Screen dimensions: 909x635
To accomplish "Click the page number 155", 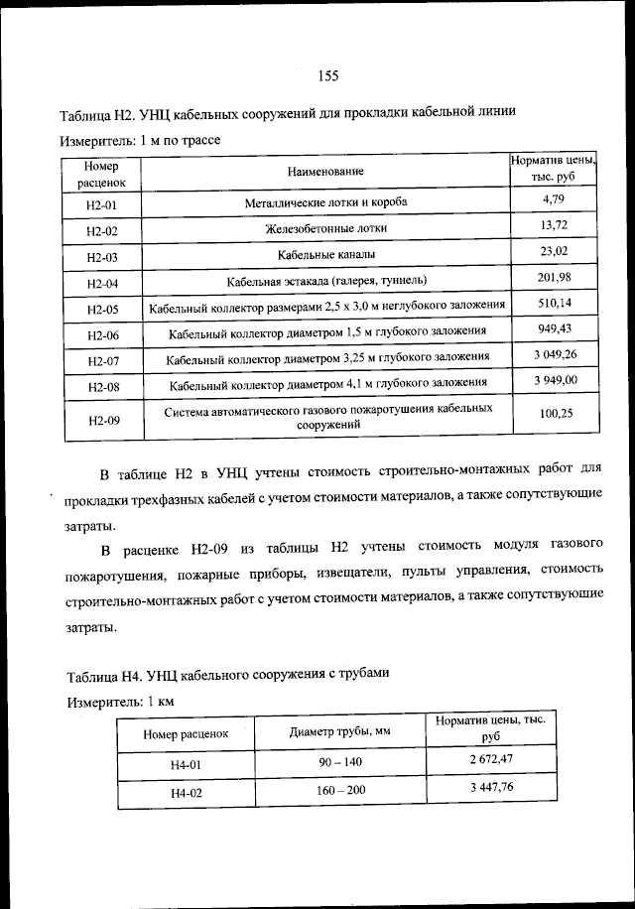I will click(330, 76).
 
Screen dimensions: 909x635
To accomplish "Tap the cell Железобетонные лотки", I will click(326, 229).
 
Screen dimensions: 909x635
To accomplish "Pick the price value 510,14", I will click(554, 303).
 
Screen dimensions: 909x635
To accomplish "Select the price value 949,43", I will click(554, 328).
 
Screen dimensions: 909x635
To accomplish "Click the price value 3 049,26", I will click(554, 354).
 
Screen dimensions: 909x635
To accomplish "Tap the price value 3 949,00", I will click(554, 380).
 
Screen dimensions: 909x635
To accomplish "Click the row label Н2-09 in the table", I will click(102, 421).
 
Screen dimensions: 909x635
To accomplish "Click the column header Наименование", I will click(326, 172).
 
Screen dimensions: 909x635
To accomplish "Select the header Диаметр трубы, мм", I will click(338, 732).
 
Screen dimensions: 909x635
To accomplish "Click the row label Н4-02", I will click(186, 794).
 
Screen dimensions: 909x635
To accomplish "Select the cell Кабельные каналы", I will click(326, 255).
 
